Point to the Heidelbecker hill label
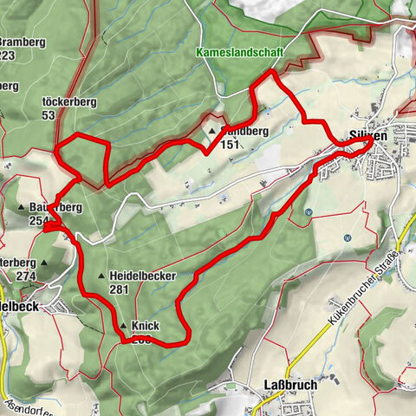(x=143, y=276)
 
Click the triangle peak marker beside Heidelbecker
(x=102, y=276)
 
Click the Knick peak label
(x=146, y=327)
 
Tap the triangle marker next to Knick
(x=124, y=327)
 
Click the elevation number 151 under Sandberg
(x=229, y=145)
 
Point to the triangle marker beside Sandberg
(x=211, y=132)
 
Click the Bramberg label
(x=22, y=42)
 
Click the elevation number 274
(x=24, y=276)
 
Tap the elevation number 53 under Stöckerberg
(x=48, y=115)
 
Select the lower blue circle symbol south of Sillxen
(x=347, y=237)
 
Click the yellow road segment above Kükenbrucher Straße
(x=405, y=232)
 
